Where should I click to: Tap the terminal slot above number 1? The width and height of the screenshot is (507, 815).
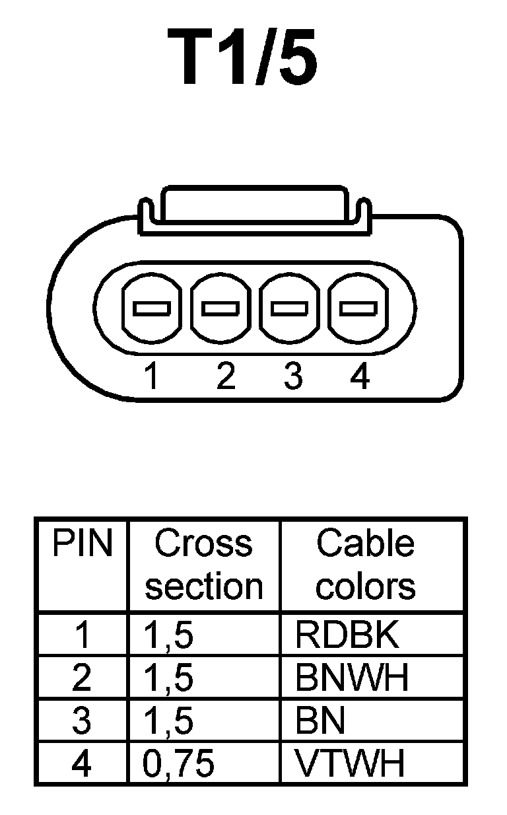click(151, 308)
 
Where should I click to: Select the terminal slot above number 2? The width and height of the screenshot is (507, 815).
click(221, 308)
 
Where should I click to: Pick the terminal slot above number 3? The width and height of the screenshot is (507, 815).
click(290, 308)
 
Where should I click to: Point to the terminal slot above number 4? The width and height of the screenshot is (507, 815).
click(358, 308)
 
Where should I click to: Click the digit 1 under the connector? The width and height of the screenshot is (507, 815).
click(152, 377)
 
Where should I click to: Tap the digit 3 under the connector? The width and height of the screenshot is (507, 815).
click(293, 377)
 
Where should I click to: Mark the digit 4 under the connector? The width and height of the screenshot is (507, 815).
click(360, 377)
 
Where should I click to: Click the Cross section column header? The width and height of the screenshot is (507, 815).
click(203, 565)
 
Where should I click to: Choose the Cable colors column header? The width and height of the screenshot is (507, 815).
click(365, 565)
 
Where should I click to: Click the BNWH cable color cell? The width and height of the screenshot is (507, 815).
click(352, 678)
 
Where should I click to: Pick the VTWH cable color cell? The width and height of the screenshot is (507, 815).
click(349, 764)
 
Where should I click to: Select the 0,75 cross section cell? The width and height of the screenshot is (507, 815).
click(179, 764)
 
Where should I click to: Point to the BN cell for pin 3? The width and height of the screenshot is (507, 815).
click(320, 721)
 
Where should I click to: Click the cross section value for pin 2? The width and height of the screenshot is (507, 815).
click(168, 678)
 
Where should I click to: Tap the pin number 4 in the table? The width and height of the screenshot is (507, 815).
click(81, 764)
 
